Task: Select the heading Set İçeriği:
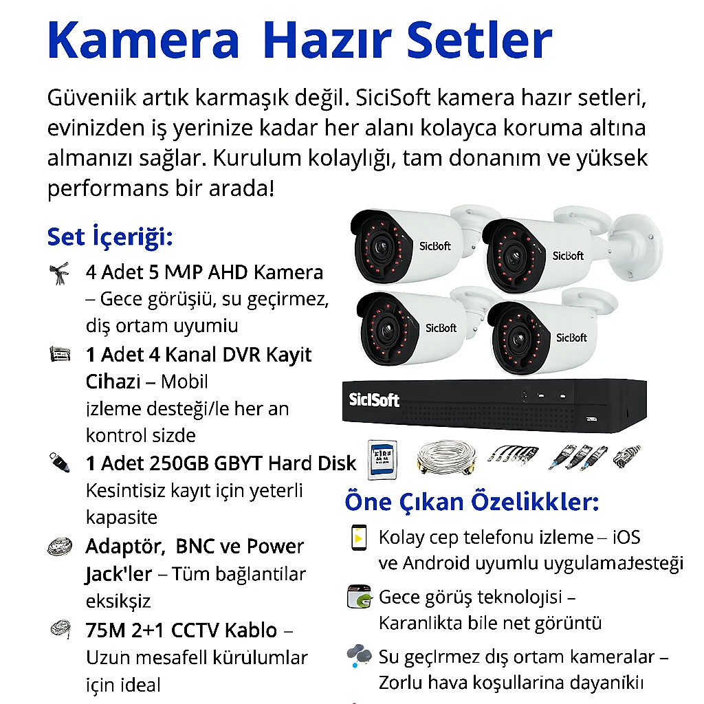click(x=109, y=238)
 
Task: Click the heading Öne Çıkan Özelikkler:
click(x=472, y=502)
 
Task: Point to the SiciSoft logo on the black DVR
click(x=374, y=400)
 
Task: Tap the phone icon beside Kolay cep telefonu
click(x=358, y=538)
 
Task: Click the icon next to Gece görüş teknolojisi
click(x=359, y=597)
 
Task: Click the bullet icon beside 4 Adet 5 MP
click(x=60, y=273)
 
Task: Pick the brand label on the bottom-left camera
click(x=441, y=328)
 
